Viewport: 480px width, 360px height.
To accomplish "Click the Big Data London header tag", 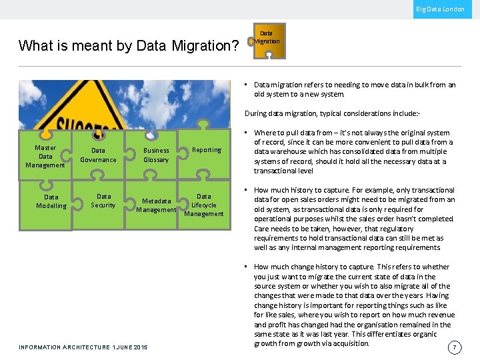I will coord(441,9).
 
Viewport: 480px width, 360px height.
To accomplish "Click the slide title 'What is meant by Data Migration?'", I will coord(129,46).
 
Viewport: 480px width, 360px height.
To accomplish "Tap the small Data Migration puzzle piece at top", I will coord(267,39).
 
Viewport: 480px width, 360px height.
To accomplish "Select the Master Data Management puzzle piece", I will coord(45,157).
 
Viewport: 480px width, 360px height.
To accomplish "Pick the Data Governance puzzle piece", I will coord(98,155).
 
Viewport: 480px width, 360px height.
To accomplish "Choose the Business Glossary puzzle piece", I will coord(156,155).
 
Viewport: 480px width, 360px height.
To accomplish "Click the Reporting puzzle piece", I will coord(206,150).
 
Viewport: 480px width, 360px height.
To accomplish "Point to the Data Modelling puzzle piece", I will coord(51,202).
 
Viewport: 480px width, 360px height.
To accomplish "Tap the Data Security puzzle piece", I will coord(103,201).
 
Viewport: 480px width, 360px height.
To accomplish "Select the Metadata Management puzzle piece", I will coord(156,205).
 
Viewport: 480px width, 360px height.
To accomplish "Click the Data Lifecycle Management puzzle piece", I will coord(204,205).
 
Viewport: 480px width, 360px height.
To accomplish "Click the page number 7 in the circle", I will coord(454,347).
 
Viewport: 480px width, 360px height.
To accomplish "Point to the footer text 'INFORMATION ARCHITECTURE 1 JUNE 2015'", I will coord(83,347).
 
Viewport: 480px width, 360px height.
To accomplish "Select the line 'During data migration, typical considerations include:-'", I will coord(342,114).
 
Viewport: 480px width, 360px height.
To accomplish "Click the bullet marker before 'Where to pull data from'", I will coord(247,133).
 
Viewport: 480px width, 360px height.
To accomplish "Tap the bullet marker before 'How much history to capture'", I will coord(247,191).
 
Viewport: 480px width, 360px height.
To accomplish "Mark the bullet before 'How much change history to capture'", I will coord(247,267).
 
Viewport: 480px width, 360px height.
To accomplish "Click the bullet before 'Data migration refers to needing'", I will coord(247,85).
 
